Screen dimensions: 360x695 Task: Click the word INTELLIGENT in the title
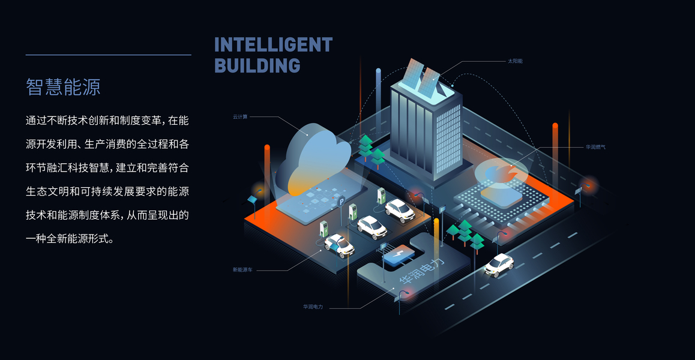(x=273, y=45)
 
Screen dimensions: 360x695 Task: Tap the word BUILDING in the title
(x=257, y=65)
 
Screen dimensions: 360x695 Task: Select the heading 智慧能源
(x=63, y=87)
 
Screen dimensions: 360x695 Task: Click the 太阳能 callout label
(x=515, y=61)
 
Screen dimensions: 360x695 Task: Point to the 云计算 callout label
(x=240, y=116)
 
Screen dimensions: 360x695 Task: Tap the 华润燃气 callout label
(x=595, y=146)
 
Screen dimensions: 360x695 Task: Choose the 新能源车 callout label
(x=242, y=270)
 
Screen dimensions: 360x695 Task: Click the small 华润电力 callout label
(x=313, y=307)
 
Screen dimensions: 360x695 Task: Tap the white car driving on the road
(x=499, y=264)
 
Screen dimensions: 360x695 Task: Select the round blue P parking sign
(x=341, y=201)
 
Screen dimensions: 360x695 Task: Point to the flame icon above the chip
(x=501, y=173)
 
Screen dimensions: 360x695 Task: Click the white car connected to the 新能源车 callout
(x=339, y=245)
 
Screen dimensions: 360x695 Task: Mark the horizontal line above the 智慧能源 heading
(x=108, y=55)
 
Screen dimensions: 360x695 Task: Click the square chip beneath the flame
(x=501, y=196)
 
